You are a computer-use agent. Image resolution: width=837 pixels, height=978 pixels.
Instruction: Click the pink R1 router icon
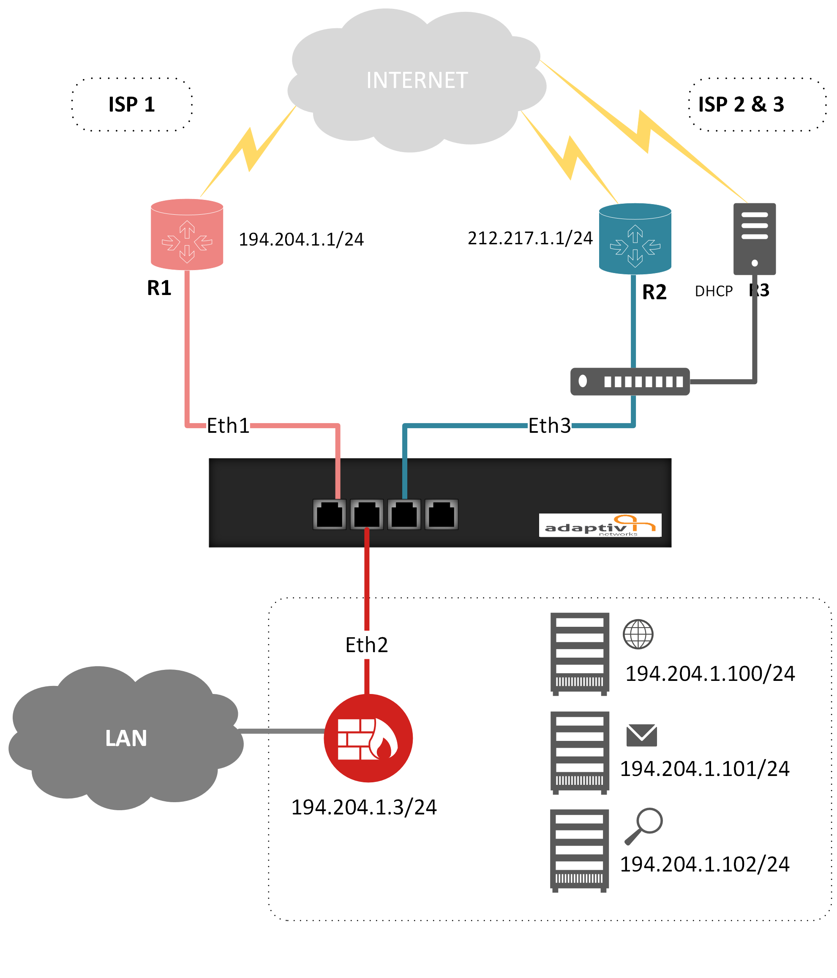[187, 235]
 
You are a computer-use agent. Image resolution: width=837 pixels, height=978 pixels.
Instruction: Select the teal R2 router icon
[635, 239]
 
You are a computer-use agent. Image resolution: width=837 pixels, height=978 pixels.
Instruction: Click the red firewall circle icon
[368, 738]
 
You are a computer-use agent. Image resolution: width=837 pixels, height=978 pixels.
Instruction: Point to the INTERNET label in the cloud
[417, 80]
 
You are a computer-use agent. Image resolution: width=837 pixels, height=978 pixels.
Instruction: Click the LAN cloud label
[126, 738]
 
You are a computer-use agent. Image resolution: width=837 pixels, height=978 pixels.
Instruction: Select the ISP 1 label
[132, 104]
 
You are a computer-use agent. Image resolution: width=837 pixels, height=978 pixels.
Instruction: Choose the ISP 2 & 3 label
[741, 104]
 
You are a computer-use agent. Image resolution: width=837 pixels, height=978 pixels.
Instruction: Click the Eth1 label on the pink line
[228, 426]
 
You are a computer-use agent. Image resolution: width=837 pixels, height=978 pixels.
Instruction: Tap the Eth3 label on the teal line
[549, 426]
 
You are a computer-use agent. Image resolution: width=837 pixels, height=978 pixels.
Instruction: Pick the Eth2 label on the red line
[367, 645]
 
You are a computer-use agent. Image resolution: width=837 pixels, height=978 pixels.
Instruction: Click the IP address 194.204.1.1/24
[301, 239]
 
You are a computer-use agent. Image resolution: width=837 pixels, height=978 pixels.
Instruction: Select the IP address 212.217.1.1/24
[530, 238]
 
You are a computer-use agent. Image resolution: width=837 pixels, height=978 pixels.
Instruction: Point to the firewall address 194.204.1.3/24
[364, 807]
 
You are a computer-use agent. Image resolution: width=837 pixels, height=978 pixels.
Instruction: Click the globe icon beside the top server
[638, 634]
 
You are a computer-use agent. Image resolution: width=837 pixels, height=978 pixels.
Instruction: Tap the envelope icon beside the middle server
[641, 735]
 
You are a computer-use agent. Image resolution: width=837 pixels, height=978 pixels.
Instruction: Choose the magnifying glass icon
[643, 825]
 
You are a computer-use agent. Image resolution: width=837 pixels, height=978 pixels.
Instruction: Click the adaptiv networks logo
[600, 525]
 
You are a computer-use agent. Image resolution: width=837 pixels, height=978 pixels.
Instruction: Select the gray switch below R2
[630, 381]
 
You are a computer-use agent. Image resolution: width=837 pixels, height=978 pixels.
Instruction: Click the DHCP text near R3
[713, 291]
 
